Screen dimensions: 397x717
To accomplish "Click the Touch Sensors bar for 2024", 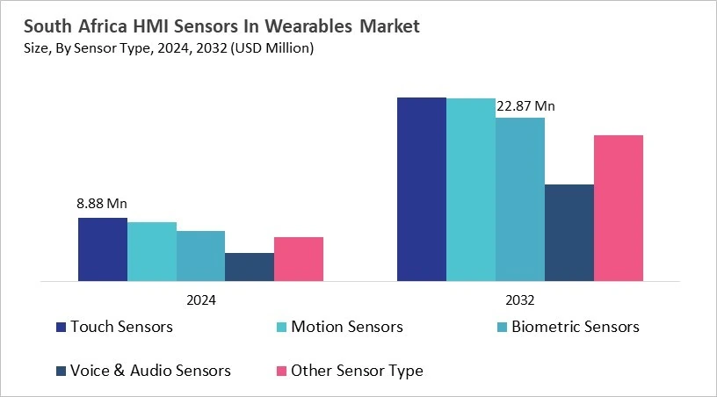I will pyautogui.click(x=103, y=250).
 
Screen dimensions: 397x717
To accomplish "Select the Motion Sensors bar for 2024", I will pyautogui.click(x=152, y=252).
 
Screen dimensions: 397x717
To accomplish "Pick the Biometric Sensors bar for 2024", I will pyautogui.click(x=200, y=256).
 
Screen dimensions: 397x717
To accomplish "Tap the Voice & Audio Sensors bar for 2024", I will pyautogui.click(x=250, y=268).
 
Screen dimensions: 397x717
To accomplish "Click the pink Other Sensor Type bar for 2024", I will pyautogui.click(x=299, y=260).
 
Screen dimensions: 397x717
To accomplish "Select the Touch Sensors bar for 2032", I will pyautogui.click(x=422, y=190).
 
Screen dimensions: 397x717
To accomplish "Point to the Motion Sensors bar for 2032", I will pyautogui.click(x=471, y=191).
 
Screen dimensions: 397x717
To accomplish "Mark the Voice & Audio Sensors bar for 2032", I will pyautogui.click(x=569, y=234).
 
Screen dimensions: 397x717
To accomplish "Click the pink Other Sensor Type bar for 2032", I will pyautogui.click(x=619, y=209).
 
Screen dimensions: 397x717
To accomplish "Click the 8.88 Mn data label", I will pyautogui.click(x=102, y=203).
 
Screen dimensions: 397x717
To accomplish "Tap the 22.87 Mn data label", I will pyautogui.click(x=525, y=106).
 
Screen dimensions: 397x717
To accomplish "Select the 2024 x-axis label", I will pyautogui.click(x=201, y=299).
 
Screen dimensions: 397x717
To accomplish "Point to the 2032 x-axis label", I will pyautogui.click(x=520, y=299).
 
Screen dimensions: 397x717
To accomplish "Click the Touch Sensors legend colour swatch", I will pyautogui.click(x=61, y=327).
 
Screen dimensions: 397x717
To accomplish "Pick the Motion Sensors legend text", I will pyautogui.click(x=346, y=327).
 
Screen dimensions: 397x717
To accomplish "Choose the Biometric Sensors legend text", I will pyautogui.click(x=576, y=327).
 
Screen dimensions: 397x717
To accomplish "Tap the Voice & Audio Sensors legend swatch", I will pyautogui.click(x=61, y=371).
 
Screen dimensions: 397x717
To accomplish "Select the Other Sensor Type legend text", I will pyautogui.click(x=357, y=371).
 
